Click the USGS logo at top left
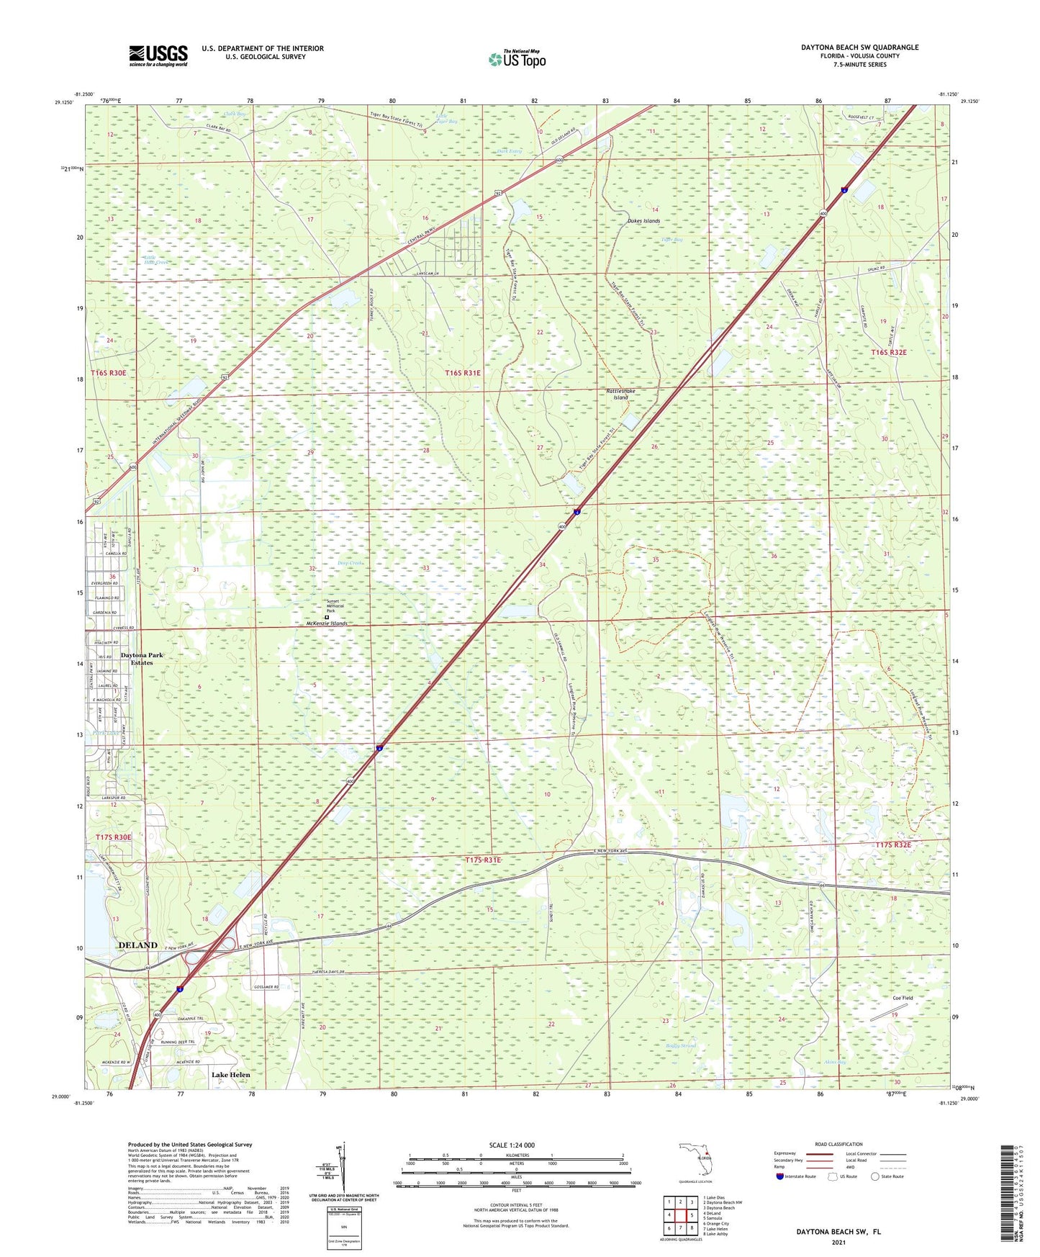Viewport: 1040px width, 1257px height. [158, 55]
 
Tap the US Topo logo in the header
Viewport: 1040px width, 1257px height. [516, 59]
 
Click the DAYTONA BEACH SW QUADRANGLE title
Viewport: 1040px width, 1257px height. [859, 48]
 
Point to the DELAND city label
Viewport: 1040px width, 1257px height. [137, 945]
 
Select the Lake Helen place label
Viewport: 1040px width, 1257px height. [230, 1075]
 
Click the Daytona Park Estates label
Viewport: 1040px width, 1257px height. [142, 659]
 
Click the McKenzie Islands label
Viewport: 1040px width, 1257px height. [322, 623]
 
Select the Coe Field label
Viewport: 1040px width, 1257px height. [903, 998]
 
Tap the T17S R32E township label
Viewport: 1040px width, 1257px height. [893, 845]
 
